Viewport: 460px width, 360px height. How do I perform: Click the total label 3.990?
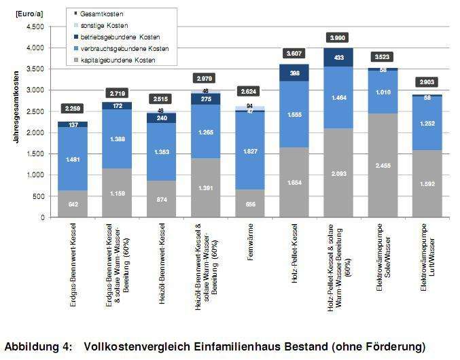click(339, 37)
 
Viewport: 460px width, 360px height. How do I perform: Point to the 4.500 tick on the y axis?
click(34, 27)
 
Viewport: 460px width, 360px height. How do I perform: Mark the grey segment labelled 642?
click(72, 204)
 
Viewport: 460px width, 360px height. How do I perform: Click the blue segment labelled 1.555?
click(295, 114)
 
